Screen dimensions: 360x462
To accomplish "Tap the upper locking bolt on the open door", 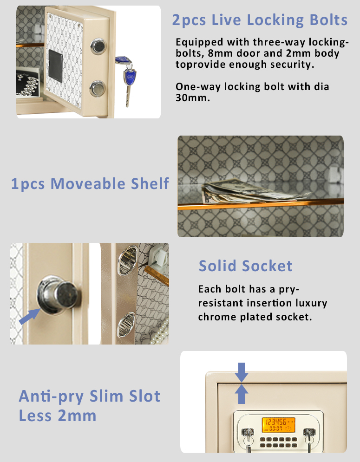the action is click(98, 46).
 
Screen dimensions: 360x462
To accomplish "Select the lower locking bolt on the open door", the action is click(97, 88).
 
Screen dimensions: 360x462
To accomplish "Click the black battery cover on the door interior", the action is click(55, 66).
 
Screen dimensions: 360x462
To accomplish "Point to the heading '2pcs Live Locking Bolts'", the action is click(260, 20).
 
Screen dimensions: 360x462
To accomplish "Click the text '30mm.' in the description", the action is click(193, 98).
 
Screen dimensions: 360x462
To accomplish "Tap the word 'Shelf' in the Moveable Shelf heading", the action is click(150, 183).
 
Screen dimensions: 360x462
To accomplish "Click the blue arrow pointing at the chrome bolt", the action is click(29, 316).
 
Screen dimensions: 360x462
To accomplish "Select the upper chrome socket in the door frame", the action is click(128, 260).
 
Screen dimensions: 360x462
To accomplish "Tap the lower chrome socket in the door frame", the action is click(126, 325).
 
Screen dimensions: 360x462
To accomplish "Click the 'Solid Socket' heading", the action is click(245, 266).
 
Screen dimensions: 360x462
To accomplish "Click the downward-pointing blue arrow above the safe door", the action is click(242, 372).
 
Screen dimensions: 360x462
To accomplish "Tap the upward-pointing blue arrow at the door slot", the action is click(242, 394).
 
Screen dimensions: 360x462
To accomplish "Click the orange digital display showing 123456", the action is click(278, 424).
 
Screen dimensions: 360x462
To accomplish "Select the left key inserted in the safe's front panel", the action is click(249, 439).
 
